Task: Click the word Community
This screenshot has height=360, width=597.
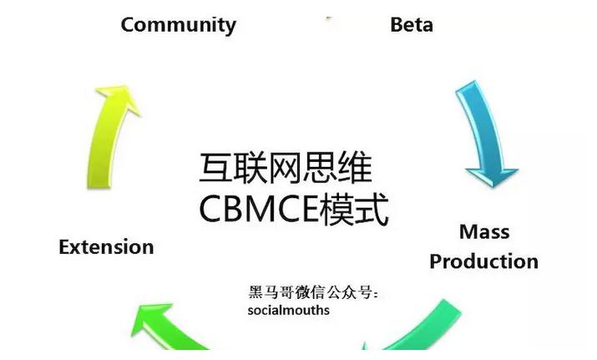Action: coord(178,24)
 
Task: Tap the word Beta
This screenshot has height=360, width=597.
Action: coord(412,24)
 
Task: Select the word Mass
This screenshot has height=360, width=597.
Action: coord(484,231)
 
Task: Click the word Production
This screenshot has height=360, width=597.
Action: coord(483,261)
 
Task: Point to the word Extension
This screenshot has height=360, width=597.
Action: coord(106,247)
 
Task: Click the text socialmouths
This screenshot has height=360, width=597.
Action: coord(288,311)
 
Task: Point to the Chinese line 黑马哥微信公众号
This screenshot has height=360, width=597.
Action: coord(314,293)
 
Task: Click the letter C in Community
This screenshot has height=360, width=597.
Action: coord(129,24)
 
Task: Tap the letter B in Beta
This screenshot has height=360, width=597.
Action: coord(397,24)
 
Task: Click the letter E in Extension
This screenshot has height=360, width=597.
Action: coord(64,247)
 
